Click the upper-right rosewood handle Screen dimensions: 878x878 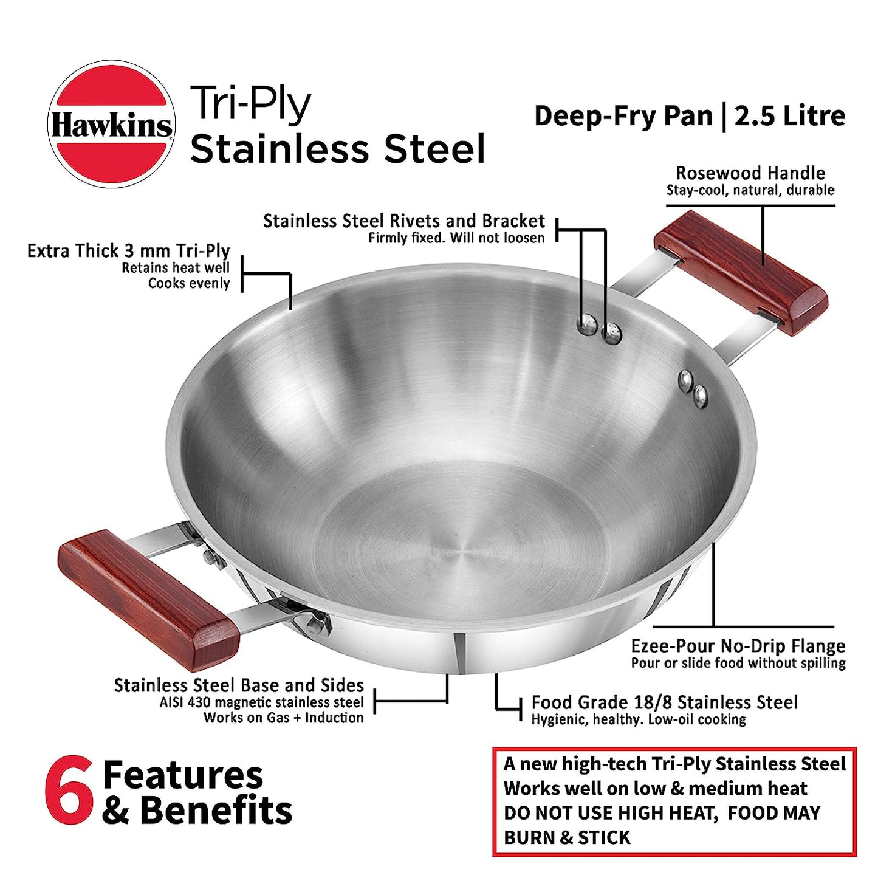click(741, 273)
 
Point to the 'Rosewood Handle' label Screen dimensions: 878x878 click(750, 173)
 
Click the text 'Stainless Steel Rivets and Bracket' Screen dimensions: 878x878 click(403, 221)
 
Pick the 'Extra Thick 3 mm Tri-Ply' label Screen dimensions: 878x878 click(128, 251)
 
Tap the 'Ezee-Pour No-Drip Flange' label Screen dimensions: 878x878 click(738, 646)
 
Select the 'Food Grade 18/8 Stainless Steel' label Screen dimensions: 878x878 click(665, 702)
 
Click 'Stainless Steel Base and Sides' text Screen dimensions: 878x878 click(239, 685)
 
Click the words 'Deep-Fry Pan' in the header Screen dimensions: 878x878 click(623, 117)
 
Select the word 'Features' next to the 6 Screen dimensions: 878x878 click(183, 775)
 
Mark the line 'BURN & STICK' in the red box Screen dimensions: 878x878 click(568, 837)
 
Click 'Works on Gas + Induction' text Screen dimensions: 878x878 click(283, 718)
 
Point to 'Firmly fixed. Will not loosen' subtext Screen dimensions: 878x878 click(456, 238)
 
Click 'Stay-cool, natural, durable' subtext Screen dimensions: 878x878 click(750, 190)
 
